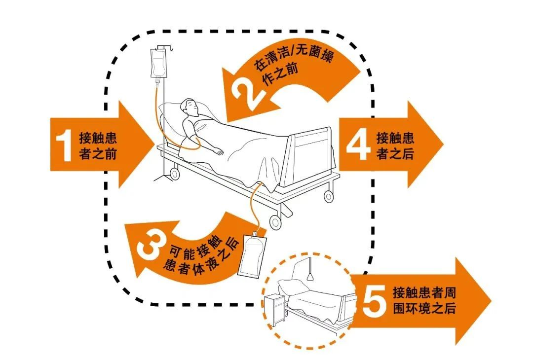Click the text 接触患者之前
click(x=98, y=146)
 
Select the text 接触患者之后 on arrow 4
click(x=395, y=145)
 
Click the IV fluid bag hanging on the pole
click(x=157, y=65)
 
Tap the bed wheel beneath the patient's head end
click(x=174, y=174)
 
